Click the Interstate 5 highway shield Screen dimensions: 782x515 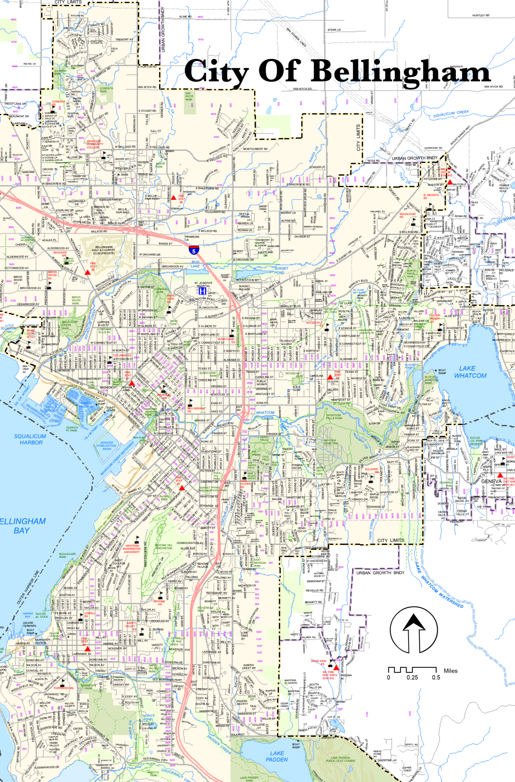point(194,250)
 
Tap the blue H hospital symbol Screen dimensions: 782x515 point(203,291)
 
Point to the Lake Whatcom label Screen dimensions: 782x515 point(470,372)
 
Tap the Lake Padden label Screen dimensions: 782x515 point(277,756)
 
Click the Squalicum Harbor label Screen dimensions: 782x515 point(30,439)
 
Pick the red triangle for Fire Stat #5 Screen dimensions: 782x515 point(87,272)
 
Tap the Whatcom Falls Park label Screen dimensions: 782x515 point(334,417)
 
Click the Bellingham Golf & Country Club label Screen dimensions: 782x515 point(104,250)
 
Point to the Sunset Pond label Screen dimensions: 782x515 point(281,270)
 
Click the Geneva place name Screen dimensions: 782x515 point(491,481)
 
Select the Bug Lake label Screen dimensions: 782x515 point(195,264)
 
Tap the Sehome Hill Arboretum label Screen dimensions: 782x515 point(163,546)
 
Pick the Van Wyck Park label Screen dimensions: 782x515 point(189,96)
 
